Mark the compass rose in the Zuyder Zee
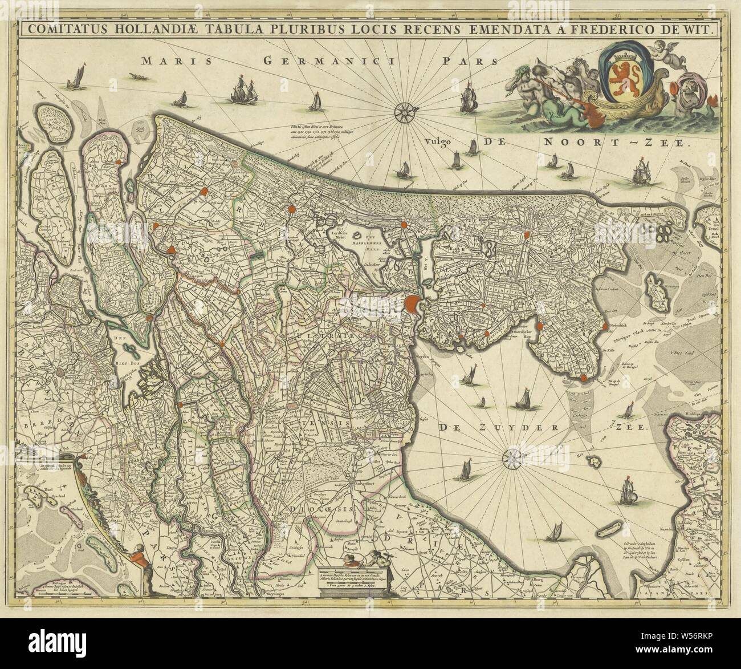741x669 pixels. click(x=512, y=456)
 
